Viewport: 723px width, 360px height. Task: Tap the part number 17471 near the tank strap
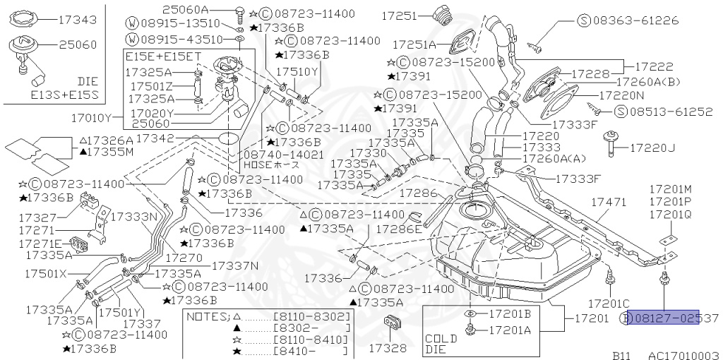pyautogui.click(x=609, y=202)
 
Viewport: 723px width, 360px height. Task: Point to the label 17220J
pyautogui.click(x=652, y=148)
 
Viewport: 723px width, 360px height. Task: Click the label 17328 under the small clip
pyautogui.click(x=388, y=348)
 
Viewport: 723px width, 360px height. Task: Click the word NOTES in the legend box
pyautogui.click(x=206, y=317)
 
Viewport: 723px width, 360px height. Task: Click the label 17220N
pyautogui.click(x=621, y=94)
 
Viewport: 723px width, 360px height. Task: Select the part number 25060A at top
pyautogui.click(x=186, y=10)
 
